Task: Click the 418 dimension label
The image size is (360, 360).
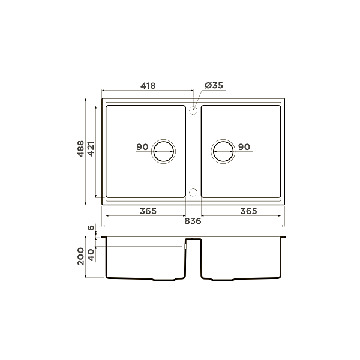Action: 148,86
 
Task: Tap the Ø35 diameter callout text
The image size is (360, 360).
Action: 214,85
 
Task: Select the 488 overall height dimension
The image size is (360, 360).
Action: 80,149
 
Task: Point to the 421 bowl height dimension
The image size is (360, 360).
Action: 91,149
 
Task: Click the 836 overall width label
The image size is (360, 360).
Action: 193,221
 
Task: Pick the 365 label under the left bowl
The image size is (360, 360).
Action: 148,211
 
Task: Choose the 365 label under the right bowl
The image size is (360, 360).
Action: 248,211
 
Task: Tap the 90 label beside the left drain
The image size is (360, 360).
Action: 142,147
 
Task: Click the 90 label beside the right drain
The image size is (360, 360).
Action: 244,147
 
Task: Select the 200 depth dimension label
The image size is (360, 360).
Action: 80,256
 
